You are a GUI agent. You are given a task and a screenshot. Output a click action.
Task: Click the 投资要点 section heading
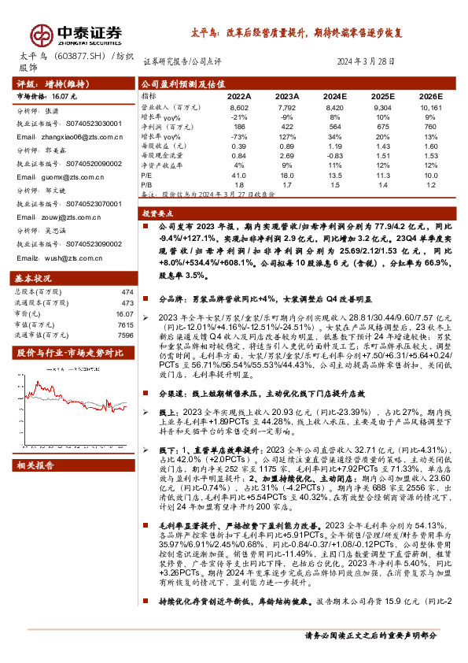pos(159,213)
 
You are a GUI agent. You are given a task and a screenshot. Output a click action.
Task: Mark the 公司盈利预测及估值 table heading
pos(177,83)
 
